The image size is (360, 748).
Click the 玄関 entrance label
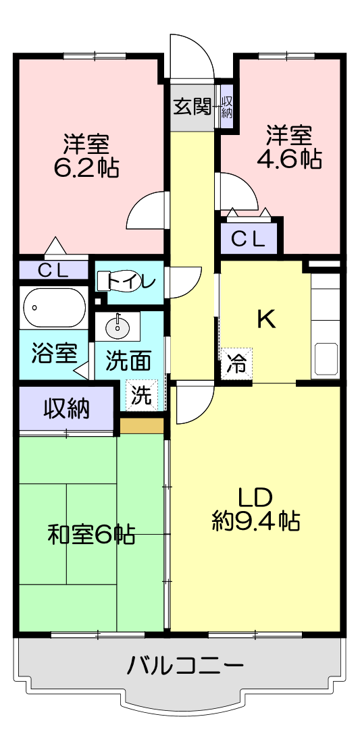pyautogui.click(x=192, y=107)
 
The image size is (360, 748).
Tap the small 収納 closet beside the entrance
pyautogui.click(x=227, y=107)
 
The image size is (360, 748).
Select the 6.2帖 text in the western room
pyautogui.click(x=86, y=167)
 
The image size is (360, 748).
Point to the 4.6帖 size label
pyautogui.click(x=288, y=159)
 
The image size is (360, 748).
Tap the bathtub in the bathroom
pyautogui.click(x=55, y=308)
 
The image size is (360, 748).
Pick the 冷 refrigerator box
pyautogui.click(x=237, y=364)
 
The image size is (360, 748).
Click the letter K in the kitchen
pyautogui.click(x=266, y=319)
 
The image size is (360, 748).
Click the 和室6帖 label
pyautogui.click(x=91, y=535)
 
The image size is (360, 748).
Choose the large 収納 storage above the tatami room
pyautogui.click(x=67, y=408)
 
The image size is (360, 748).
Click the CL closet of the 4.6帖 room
pyautogui.click(x=249, y=238)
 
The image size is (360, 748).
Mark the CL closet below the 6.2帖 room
pyautogui.click(x=53, y=271)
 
